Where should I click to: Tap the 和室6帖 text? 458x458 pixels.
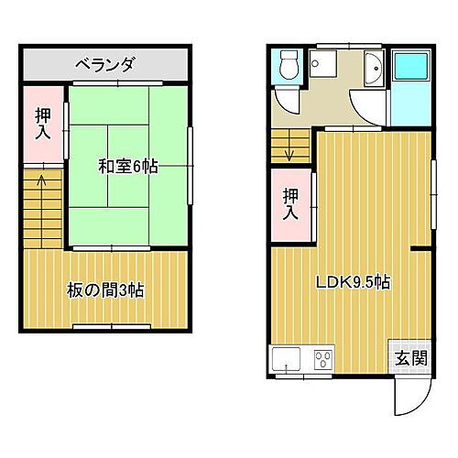coord(127,166)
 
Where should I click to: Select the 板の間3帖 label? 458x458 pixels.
coord(105,290)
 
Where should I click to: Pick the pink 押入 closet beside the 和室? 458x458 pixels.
coord(43,124)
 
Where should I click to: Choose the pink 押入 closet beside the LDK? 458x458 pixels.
coord(290,202)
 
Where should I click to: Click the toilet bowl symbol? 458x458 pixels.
coord(289,67)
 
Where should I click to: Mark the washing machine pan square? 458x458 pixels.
coord(323,66)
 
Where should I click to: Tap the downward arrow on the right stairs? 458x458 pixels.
coord(290,147)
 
